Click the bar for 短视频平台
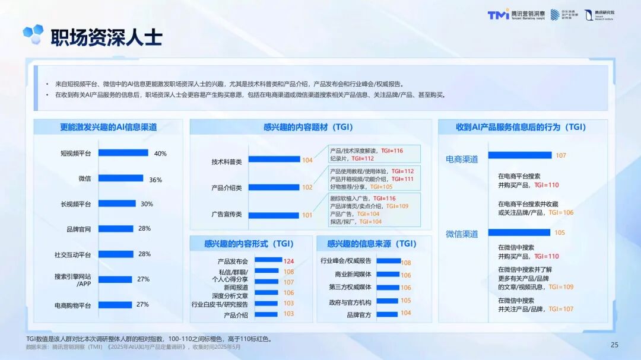tap(123, 153)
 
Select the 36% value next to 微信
tap(156, 180)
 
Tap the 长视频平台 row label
tap(75, 204)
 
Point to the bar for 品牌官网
tap(116, 228)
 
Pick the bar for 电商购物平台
tap(115, 304)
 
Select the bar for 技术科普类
tap(274, 160)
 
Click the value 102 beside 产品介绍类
tap(307, 187)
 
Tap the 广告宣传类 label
tap(226, 214)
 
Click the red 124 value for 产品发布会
tap(288, 261)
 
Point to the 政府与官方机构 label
tap(350, 301)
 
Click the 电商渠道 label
tap(462, 160)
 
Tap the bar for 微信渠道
tap(519, 232)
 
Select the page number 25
tap(614, 345)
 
